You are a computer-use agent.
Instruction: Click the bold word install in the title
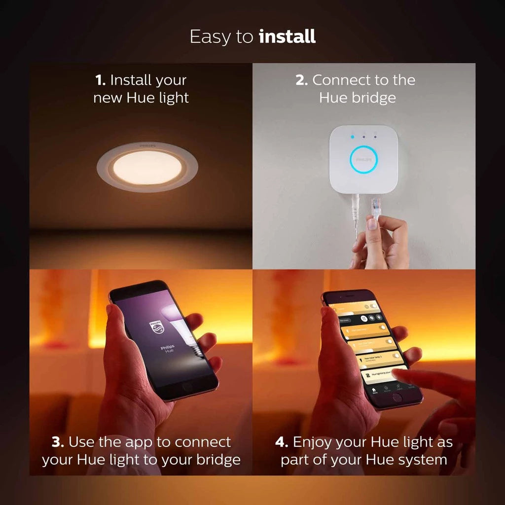pyautogui.click(x=287, y=37)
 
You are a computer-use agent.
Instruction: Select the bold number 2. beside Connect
pyautogui.click(x=301, y=80)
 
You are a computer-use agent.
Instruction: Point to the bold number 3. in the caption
pyautogui.click(x=58, y=442)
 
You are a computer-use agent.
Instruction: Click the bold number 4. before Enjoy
pyautogui.click(x=282, y=442)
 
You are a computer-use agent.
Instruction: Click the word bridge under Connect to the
pyautogui.click(x=371, y=98)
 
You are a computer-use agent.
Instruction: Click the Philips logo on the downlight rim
pyautogui.click(x=147, y=146)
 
